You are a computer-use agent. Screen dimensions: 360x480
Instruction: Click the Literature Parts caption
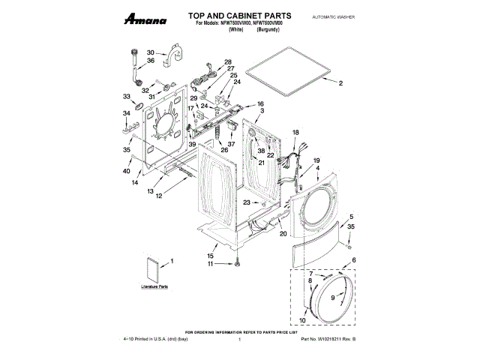(x=156, y=286)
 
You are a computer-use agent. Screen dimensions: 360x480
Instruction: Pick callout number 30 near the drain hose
(x=150, y=52)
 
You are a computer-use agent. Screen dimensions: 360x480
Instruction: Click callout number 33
(x=127, y=97)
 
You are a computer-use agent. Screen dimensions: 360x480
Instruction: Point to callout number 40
(x=127, y=169)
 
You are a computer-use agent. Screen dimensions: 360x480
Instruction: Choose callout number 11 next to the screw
(x=211, y=264)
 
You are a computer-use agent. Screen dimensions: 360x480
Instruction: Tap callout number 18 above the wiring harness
(x=295, y=132)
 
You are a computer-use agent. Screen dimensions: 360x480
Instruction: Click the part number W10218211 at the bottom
(x=331, y=340)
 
